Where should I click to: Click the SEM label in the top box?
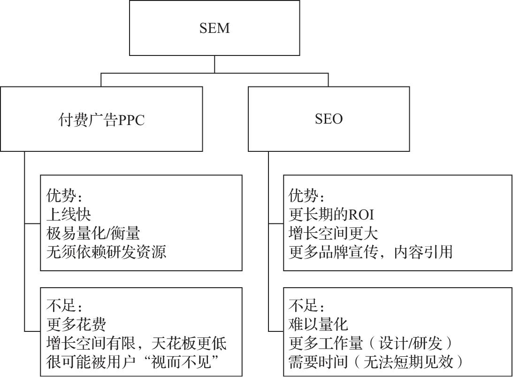coord(214,28)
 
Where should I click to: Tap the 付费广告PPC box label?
coord(101,119)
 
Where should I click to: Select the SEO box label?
coord(329,118)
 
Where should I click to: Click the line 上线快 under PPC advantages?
coord(69,214)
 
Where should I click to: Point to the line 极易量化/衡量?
coord(93,233)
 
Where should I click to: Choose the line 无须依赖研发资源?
coord(107,252)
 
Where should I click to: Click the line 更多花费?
coord(76,325)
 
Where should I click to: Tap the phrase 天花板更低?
coord(189,343)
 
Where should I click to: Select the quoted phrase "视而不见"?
coord(184,362)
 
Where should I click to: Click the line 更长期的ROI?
coord(331,214)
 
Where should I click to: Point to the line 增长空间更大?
coord(333,233)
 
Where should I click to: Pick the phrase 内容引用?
coord(423,252)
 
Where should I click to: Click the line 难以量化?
coord(318,324)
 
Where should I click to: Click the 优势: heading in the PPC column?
coord(64,196)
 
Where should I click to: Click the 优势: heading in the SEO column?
coord(306,196)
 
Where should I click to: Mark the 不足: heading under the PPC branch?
coord(64,306)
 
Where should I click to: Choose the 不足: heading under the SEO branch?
coord(306,306)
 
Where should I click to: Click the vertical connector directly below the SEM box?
coord(214,64)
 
